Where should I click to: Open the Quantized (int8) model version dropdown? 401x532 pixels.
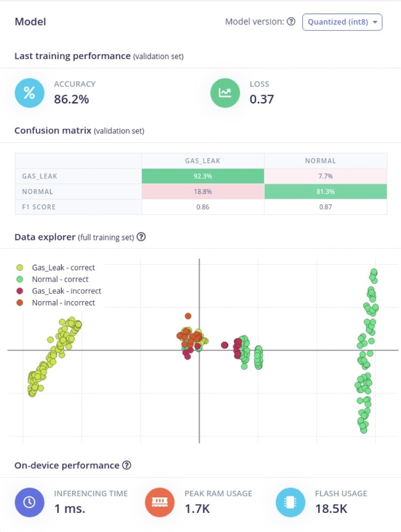point(342,22)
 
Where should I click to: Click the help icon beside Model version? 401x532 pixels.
point(291,22)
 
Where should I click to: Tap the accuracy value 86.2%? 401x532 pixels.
point(71,98)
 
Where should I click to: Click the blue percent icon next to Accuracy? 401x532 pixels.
point(29,93)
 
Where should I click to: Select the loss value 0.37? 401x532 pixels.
point(261,98)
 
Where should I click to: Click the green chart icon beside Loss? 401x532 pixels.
point(225,93)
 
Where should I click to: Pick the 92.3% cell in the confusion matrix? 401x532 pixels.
point(203,176)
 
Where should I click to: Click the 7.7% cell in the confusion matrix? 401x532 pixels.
point(325,176)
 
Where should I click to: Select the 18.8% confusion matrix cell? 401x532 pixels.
point(203,192)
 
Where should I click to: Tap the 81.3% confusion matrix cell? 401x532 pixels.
point(325,192)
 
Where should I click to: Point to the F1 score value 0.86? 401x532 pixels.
point(203,207)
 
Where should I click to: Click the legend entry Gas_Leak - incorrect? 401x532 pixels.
point(67,291)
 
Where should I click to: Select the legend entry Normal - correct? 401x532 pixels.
point(60,279)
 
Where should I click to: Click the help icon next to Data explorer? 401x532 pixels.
point(141,237)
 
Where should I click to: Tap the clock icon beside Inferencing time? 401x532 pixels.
point(29,502)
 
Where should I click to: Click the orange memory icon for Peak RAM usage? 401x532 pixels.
point(160,502)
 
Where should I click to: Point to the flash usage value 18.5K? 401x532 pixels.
point(331,509)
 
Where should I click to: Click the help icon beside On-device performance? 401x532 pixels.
point(126,465)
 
